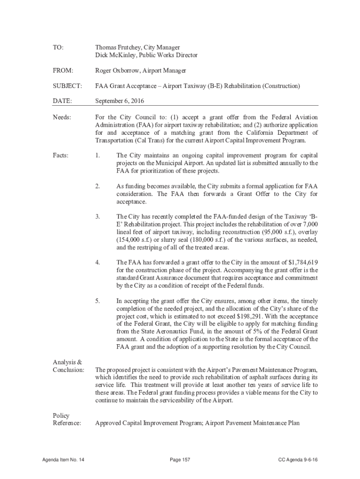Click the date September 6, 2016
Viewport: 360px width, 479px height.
click(119, 101)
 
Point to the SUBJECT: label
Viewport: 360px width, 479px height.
click(67, 86)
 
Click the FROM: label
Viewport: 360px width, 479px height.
click(63, 71)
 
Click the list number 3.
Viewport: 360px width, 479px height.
click(98, 217)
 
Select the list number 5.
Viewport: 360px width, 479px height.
click(98, 301)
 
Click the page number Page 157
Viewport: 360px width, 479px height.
click(180, 460)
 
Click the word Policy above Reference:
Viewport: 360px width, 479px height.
click(61, 415)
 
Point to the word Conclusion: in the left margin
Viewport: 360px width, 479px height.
click(68, 370)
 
